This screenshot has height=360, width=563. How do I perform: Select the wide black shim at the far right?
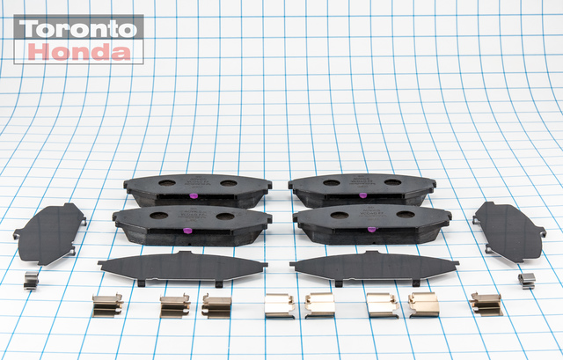(509, 231)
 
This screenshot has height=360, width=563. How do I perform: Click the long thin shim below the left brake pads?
(182, 265)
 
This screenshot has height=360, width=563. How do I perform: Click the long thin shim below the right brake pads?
(374, 265)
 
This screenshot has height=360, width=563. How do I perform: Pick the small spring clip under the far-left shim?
(31, 280)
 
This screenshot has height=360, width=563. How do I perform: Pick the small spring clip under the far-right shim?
(527, 281)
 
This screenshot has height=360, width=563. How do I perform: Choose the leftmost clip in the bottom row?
(106, 305)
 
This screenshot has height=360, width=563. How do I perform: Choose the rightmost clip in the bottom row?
(485, 304)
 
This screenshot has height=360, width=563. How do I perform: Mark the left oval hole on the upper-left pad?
(164, 184)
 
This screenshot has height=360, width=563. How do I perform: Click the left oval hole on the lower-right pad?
(338, 216)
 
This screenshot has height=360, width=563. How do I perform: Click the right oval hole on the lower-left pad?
(225, 216)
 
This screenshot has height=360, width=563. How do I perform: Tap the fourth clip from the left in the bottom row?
(279, 305)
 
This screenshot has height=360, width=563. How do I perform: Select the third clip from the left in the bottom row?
(216, 305)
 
